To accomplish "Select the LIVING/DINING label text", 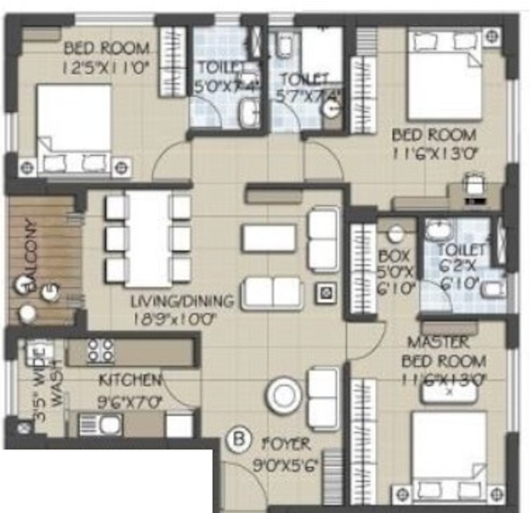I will tap(182, 301).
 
